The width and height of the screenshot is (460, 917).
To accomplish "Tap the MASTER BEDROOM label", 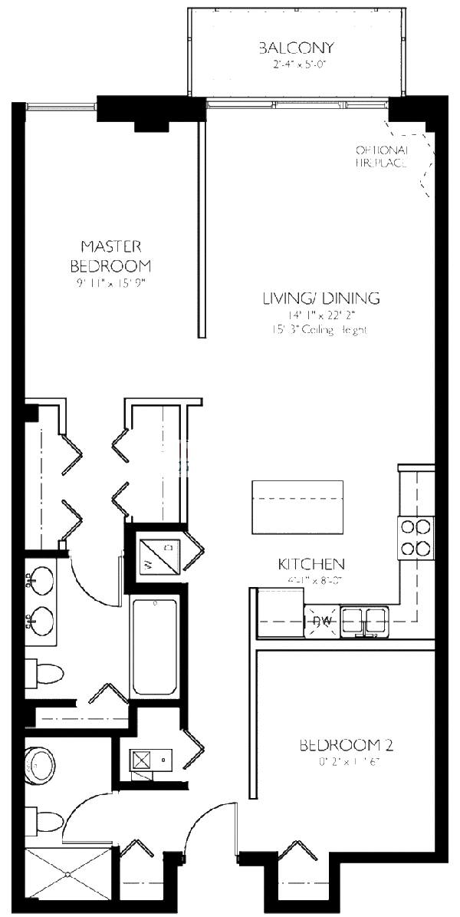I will pos(110,256).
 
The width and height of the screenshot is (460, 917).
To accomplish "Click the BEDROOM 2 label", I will pos(340,744).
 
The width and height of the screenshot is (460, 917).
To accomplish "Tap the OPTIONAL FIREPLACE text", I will pos(381,156).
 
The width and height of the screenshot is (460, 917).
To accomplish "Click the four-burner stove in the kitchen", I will pos(415,537).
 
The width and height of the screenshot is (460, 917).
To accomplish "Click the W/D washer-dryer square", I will pos(159,555).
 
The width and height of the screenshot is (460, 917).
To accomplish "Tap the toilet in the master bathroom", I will pos(44,674).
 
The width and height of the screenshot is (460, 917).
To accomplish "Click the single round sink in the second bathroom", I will pos(40,763).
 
